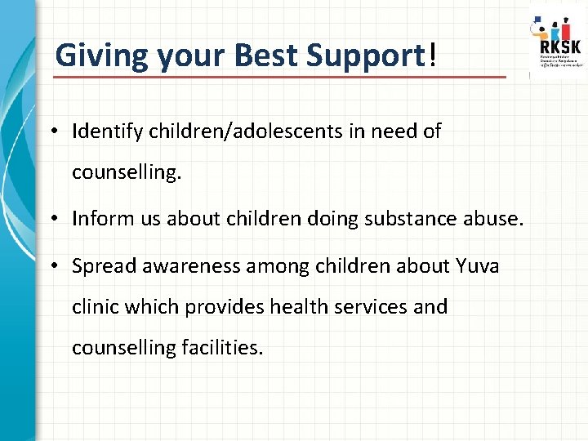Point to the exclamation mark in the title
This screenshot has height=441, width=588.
431,56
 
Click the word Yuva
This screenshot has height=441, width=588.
478,266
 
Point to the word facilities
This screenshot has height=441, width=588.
221,348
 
